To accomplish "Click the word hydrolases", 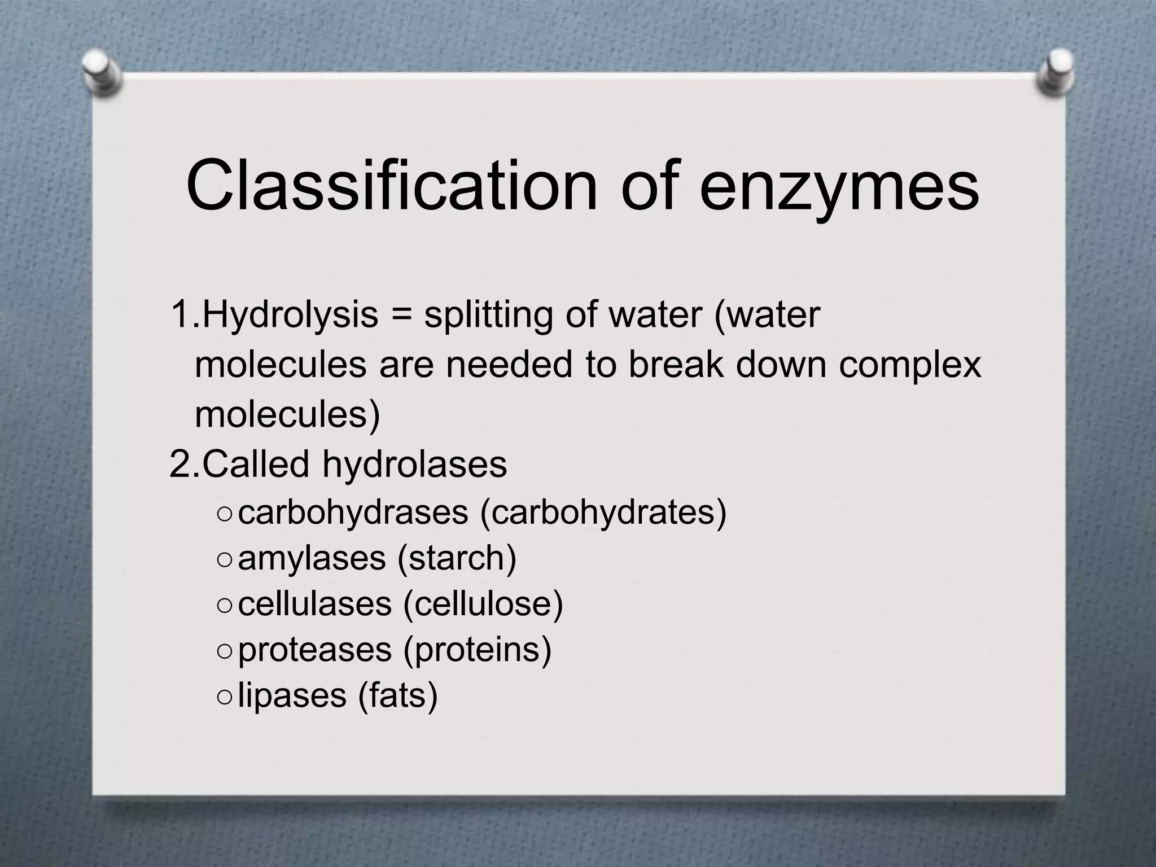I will click(415, 465).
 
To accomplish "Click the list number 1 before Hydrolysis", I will click(181, 315).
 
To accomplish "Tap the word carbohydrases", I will click(353, 513).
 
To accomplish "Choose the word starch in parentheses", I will click(457, 559).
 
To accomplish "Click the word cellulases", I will click(315, 604).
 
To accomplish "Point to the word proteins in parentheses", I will click(477, 650).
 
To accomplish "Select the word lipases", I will click(292, 696).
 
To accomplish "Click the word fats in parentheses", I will click(398, 696).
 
